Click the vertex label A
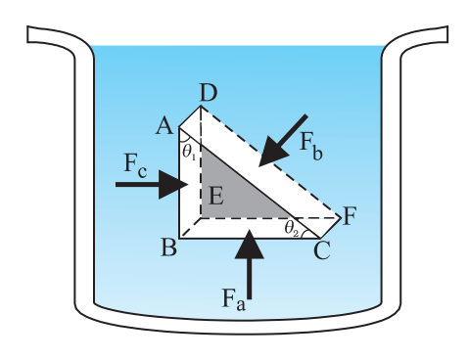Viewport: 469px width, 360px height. click(164, 126)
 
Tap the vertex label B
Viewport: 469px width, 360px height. click(169, 247)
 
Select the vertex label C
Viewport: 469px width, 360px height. click(322, 250)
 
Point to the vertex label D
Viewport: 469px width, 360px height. click(209, 93)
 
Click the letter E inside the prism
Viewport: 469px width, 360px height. click(216, 197)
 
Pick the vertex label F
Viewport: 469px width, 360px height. click(350, 216)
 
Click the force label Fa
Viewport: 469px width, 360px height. click(233, 298)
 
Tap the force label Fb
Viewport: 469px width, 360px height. click(311, 147)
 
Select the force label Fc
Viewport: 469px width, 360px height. click(135, 167)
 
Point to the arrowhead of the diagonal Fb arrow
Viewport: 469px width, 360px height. click(271, 153)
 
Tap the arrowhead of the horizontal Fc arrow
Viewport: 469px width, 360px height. click(172, 184)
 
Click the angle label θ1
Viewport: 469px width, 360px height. click(189, 152)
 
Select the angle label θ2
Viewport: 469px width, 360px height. click(292, 228)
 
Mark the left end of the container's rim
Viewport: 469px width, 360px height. click(27, 34)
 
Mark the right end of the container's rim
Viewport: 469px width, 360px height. click(447, 34)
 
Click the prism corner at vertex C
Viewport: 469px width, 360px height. click(320, 239)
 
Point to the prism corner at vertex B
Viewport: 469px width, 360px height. click(179, 239)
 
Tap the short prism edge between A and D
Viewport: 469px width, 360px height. click(190, 115)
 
